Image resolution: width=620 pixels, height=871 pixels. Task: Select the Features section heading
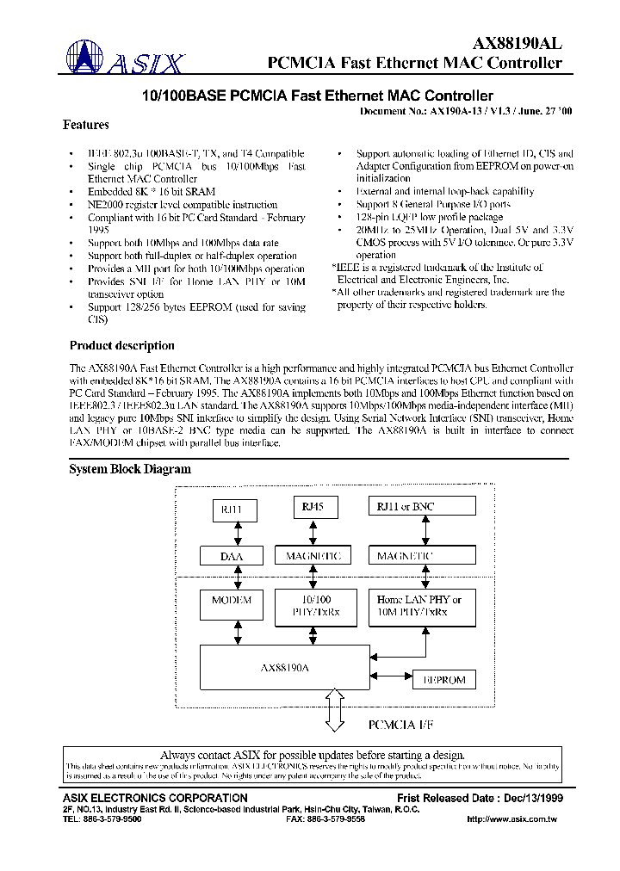(x=86, y=125)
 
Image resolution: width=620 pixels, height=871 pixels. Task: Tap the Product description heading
(x=121, y=346)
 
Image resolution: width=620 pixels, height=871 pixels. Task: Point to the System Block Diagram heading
(x=129, y=469)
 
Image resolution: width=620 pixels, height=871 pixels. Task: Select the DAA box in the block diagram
(x=231, y=557)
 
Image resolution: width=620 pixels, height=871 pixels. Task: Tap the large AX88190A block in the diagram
(x=285, y=667)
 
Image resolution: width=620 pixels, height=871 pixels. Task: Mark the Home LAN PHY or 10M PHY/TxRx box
(x=419, y=605)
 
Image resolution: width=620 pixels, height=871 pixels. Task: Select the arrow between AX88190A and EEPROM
(x=392, y=679)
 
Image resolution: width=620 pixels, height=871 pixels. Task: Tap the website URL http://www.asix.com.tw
(x=511, y=819)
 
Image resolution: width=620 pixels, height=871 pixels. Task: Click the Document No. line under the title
(x=465, y=112)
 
